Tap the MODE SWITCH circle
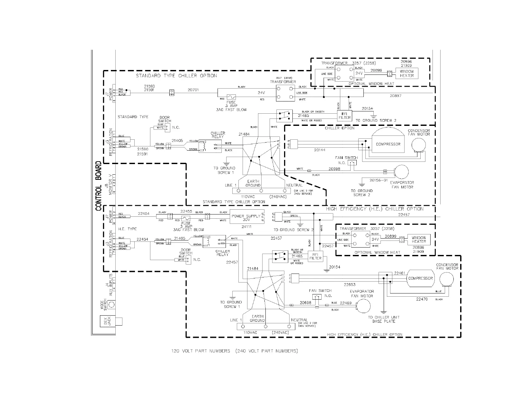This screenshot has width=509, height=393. (x=111, y=304)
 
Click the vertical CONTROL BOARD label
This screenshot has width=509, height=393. (x=99, y=186)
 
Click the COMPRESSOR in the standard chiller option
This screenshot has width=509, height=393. (x=388, y=144)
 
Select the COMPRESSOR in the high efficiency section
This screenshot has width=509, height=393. (x=420, y=278)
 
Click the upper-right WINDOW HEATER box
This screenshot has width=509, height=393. (x=407, y=74)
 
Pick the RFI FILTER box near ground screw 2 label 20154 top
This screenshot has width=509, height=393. (x=344, y=116)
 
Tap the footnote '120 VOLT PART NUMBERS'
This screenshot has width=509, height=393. (x=201, y=351)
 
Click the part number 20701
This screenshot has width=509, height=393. (x=193, y=90)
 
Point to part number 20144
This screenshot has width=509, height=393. (x=320, y=150)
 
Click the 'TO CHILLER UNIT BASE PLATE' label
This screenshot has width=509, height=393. (x=384, y=319)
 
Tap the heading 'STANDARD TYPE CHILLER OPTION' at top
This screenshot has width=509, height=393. (x=176, y=76)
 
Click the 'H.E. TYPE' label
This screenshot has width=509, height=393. (x=127, y=229)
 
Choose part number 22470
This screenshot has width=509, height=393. (x=422, y=299)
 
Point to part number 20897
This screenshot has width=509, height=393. (x=396, y=96)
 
